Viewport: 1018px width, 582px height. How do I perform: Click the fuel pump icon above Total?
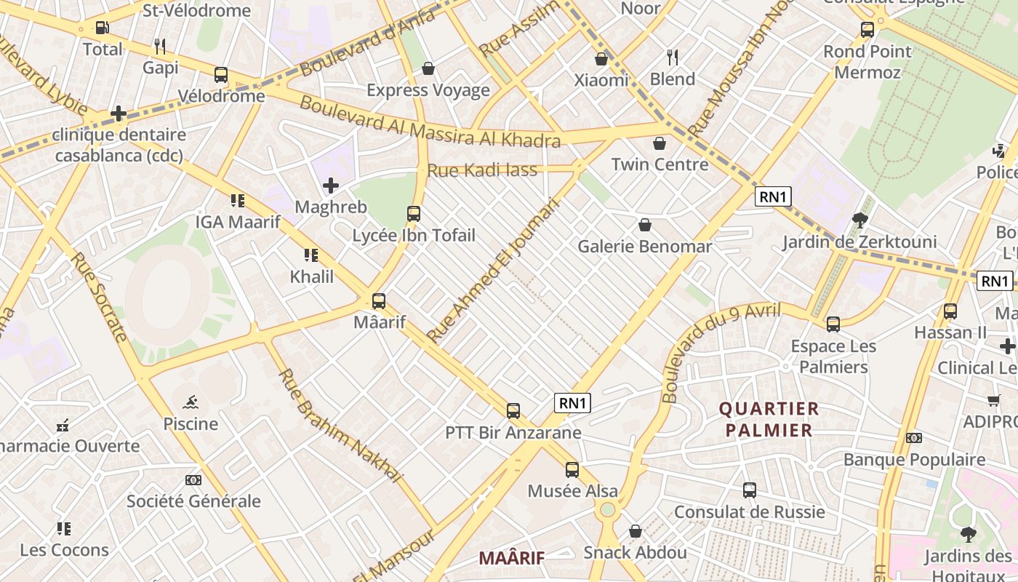(103, 28)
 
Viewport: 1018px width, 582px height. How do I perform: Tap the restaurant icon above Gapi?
(160, 47)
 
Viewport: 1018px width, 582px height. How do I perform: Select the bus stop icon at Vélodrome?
(221, 74)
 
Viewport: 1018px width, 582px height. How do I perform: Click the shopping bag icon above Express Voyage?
(428, 68)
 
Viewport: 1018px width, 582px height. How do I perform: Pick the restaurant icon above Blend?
(673, 57)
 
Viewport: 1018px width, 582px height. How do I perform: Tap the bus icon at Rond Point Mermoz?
(867, 30)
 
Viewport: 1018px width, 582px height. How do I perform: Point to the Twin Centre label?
(660, 164)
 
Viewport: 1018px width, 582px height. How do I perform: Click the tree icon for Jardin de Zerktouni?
(859, 220)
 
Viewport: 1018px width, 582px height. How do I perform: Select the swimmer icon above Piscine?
(191, 402)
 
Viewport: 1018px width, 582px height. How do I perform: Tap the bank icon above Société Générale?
(193, 480)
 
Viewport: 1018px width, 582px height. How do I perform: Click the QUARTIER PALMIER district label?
(769, 420)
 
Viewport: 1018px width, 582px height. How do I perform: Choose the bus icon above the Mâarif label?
(378, 300)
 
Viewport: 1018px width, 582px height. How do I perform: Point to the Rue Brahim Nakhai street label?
(340, 426)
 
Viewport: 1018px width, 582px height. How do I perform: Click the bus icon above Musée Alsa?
(572, 469)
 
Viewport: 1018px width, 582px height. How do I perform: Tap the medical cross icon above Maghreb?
(331, 186)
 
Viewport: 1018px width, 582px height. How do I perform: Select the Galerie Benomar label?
(644, 247)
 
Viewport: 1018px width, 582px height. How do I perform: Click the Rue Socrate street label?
(100, 297)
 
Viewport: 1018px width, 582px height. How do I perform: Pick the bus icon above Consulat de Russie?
(750, 490)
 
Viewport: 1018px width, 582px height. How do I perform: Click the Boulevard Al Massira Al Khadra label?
(430, 121)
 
